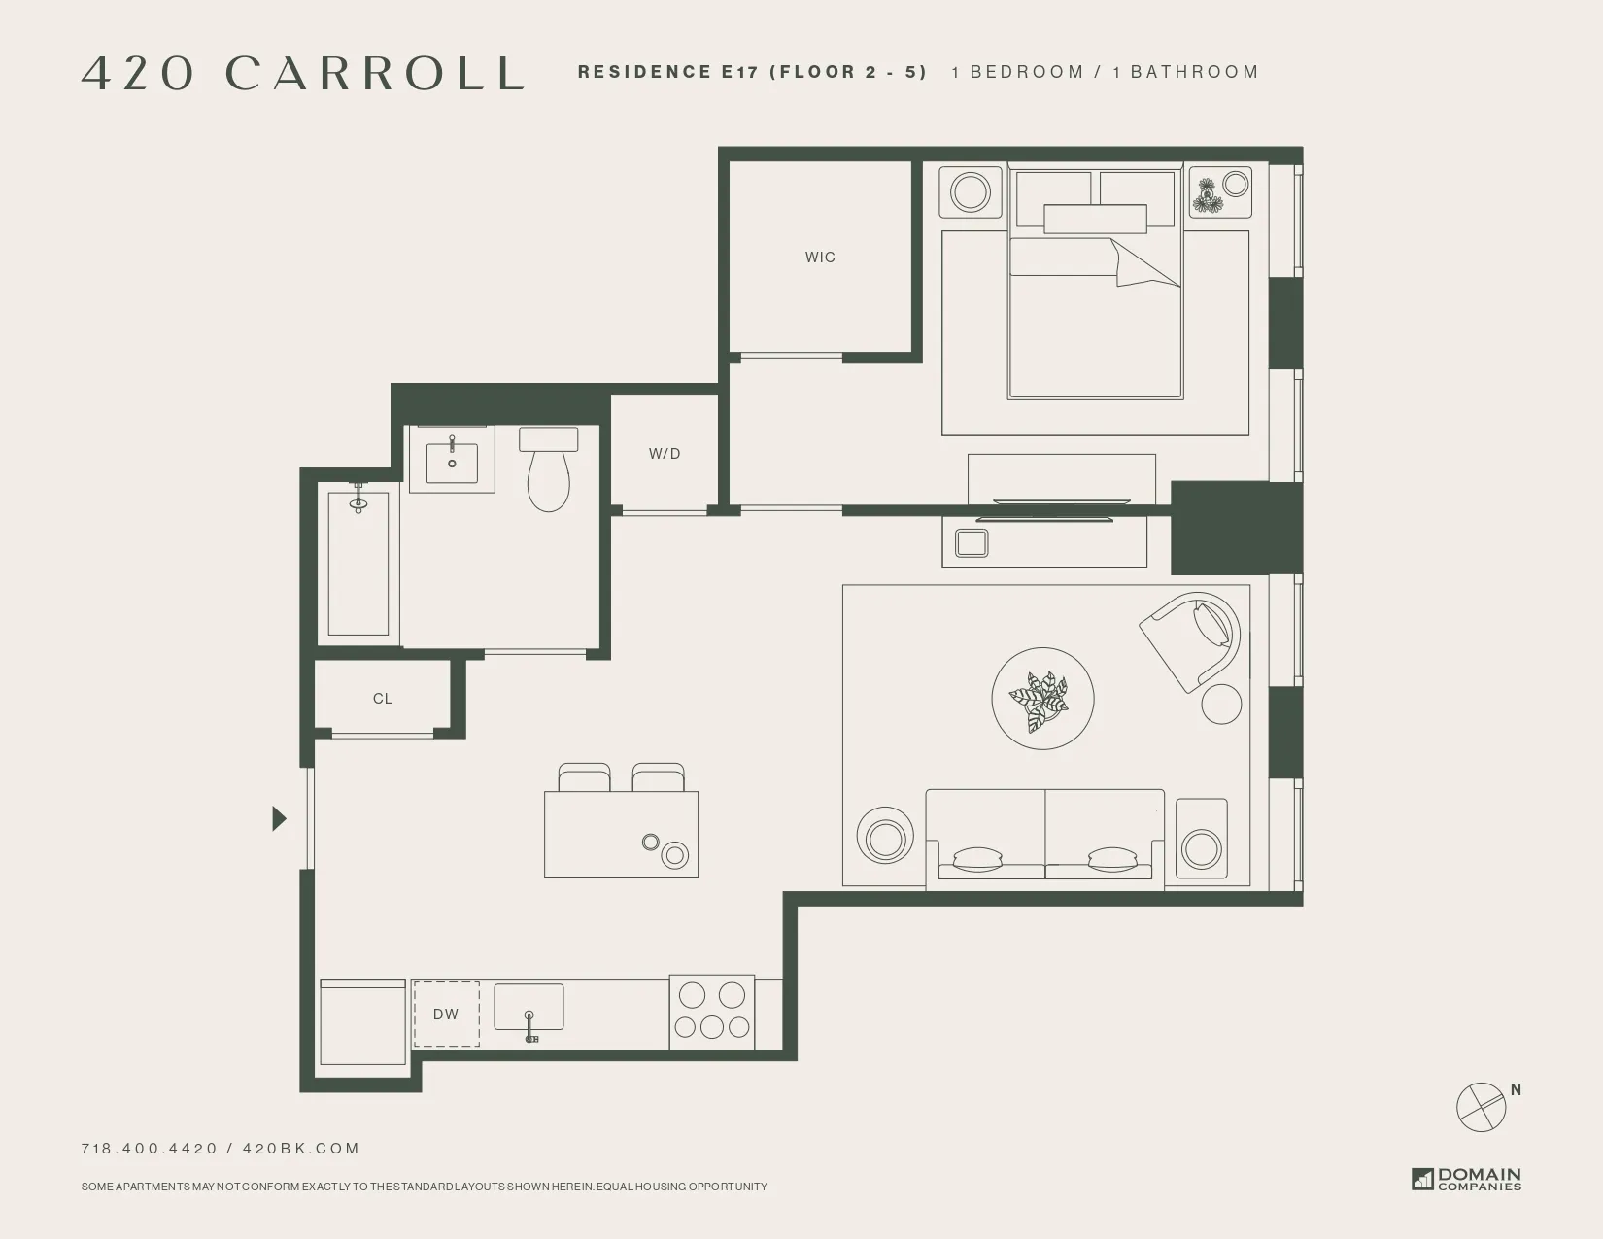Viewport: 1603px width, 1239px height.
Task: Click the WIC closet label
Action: pyautogui.click(x=820, y=258)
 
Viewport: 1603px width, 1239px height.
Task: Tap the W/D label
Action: pyautogui.click(x=665, y=454)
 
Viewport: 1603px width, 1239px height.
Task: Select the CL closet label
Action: pyautogui.click(x=383, y=699)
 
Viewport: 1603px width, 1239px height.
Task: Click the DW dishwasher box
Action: pyautogui.click(x=446, y=1015)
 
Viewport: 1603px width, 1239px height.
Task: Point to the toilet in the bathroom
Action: pyautogui.click(x=549, y=471)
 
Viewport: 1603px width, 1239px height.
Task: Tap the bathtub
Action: pyautogui.click(x=358, y=564)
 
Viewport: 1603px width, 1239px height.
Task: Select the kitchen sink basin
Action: pyautogui.click(x=529, y=1008)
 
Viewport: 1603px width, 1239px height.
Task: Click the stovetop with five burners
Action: pyautogui.click(x=711, y=1012)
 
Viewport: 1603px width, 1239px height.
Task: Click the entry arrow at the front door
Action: pyautogui.click(x=279, y=819)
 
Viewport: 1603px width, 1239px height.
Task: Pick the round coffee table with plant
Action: pyautogui.click(x=1042, y=699)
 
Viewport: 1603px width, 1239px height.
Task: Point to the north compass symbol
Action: pyautogui.click(x=1482, y=1105)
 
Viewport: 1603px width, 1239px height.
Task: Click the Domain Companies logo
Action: pyautogui.click(x=1466, y=1179)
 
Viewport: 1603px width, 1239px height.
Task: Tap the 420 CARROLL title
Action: pyautogui.click(x=303, y=73)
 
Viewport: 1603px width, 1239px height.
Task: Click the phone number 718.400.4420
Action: pyautogui.click(x=150, y=1149)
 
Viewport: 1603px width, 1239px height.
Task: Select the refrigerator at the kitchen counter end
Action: pyautogui.click(x=362, y=1022)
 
